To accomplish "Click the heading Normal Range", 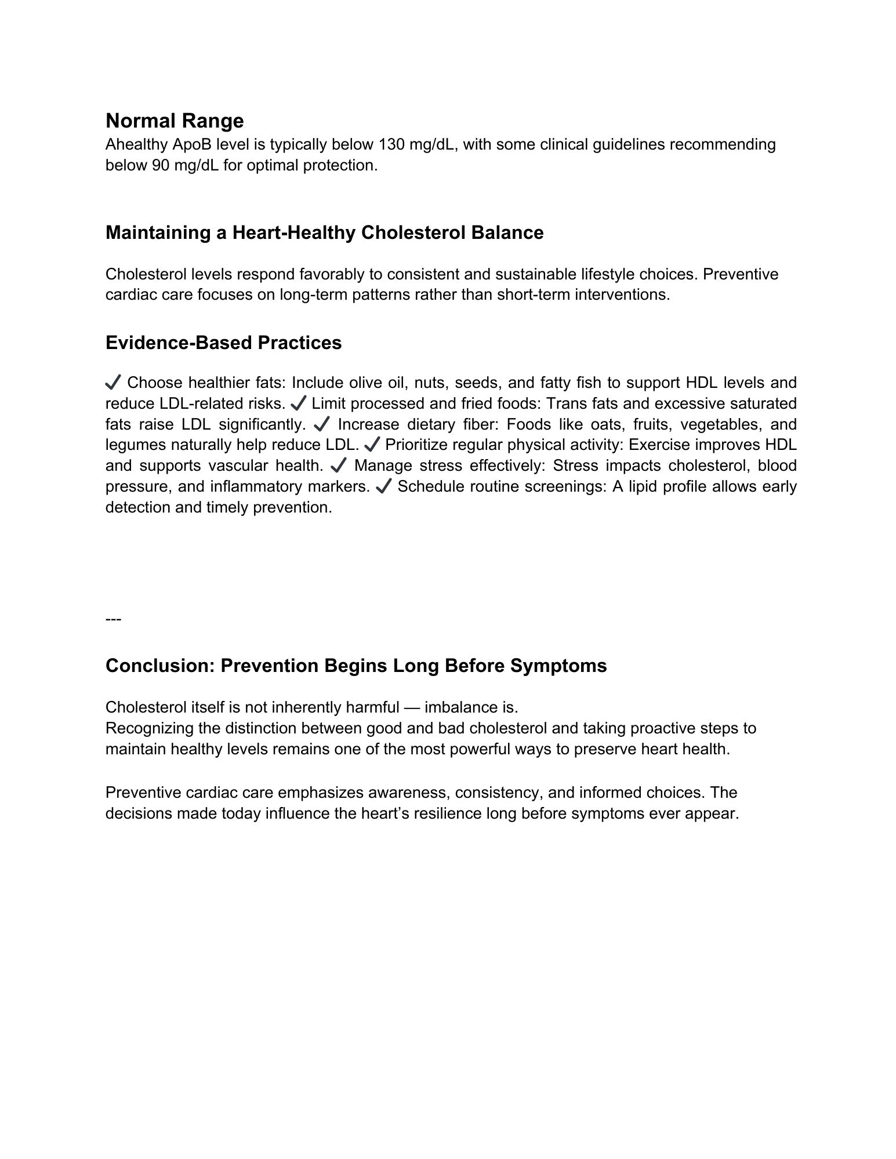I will (x=175, y=121).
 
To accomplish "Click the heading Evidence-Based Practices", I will (x=223, y=343).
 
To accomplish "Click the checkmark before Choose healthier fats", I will (x=113, y=383).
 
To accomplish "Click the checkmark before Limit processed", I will (x=299, y=404).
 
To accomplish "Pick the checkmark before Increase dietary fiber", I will (x=321, y=424).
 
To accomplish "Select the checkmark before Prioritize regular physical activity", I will (x=371, y=445).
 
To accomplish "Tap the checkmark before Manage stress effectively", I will (x=338, y=466).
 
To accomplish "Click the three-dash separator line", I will (x=113, y=620).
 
